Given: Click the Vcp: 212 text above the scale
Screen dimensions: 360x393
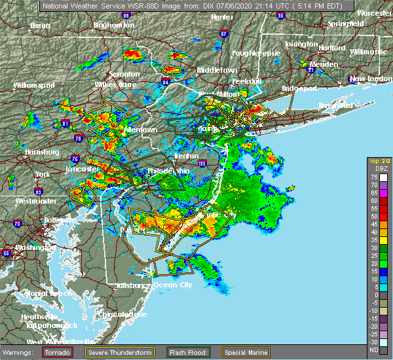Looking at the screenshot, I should (379, 160).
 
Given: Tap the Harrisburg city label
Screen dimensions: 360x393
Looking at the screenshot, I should (41, 152).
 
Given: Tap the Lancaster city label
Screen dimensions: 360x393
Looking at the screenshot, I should (82, 168).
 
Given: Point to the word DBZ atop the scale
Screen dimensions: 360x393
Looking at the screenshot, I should (379, 168).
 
